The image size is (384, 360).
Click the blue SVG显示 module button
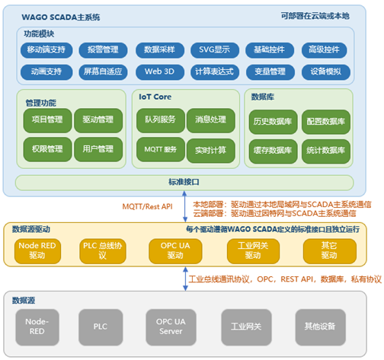215,50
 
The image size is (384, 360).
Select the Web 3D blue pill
160,72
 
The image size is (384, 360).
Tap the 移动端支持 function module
46,50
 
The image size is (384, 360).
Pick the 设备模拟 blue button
326,72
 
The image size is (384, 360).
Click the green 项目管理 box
47,120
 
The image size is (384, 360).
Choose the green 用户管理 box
98,149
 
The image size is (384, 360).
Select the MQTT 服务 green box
161,149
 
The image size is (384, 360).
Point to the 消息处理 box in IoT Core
211,120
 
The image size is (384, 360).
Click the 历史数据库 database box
273,122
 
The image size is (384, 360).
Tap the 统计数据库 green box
326,151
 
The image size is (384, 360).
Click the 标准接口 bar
184,183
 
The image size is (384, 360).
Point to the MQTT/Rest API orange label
147,206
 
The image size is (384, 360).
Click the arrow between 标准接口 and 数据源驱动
185,206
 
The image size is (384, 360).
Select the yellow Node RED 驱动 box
37,251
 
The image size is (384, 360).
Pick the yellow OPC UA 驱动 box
175,251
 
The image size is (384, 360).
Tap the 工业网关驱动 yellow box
253,251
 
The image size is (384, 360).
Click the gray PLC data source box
101,327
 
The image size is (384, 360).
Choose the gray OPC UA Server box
171,327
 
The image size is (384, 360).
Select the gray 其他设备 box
321,327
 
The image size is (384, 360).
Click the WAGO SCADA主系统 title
61,18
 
